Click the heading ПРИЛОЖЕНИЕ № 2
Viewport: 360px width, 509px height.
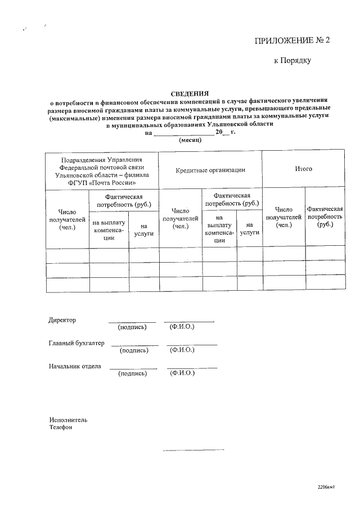click(291, 40)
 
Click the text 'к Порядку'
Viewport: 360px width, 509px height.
click(292, 60)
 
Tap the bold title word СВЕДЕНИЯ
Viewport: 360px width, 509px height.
click(190, 94)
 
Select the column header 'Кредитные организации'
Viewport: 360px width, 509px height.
click(210, 169)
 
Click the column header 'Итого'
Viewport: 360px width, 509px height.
click(304, 169)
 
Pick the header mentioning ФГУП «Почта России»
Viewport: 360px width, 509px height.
click(102, 171)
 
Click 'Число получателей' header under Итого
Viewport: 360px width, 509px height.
click(283, 217)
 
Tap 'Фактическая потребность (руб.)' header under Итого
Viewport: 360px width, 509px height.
click(325, 216)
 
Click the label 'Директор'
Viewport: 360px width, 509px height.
click(62, 320)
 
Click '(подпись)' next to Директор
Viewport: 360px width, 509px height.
click(132, 327)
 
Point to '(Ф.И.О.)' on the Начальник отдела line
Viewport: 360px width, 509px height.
click(182, 373)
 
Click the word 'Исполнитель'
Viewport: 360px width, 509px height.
click(68, 420)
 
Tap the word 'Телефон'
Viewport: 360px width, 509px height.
click(61, 427)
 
